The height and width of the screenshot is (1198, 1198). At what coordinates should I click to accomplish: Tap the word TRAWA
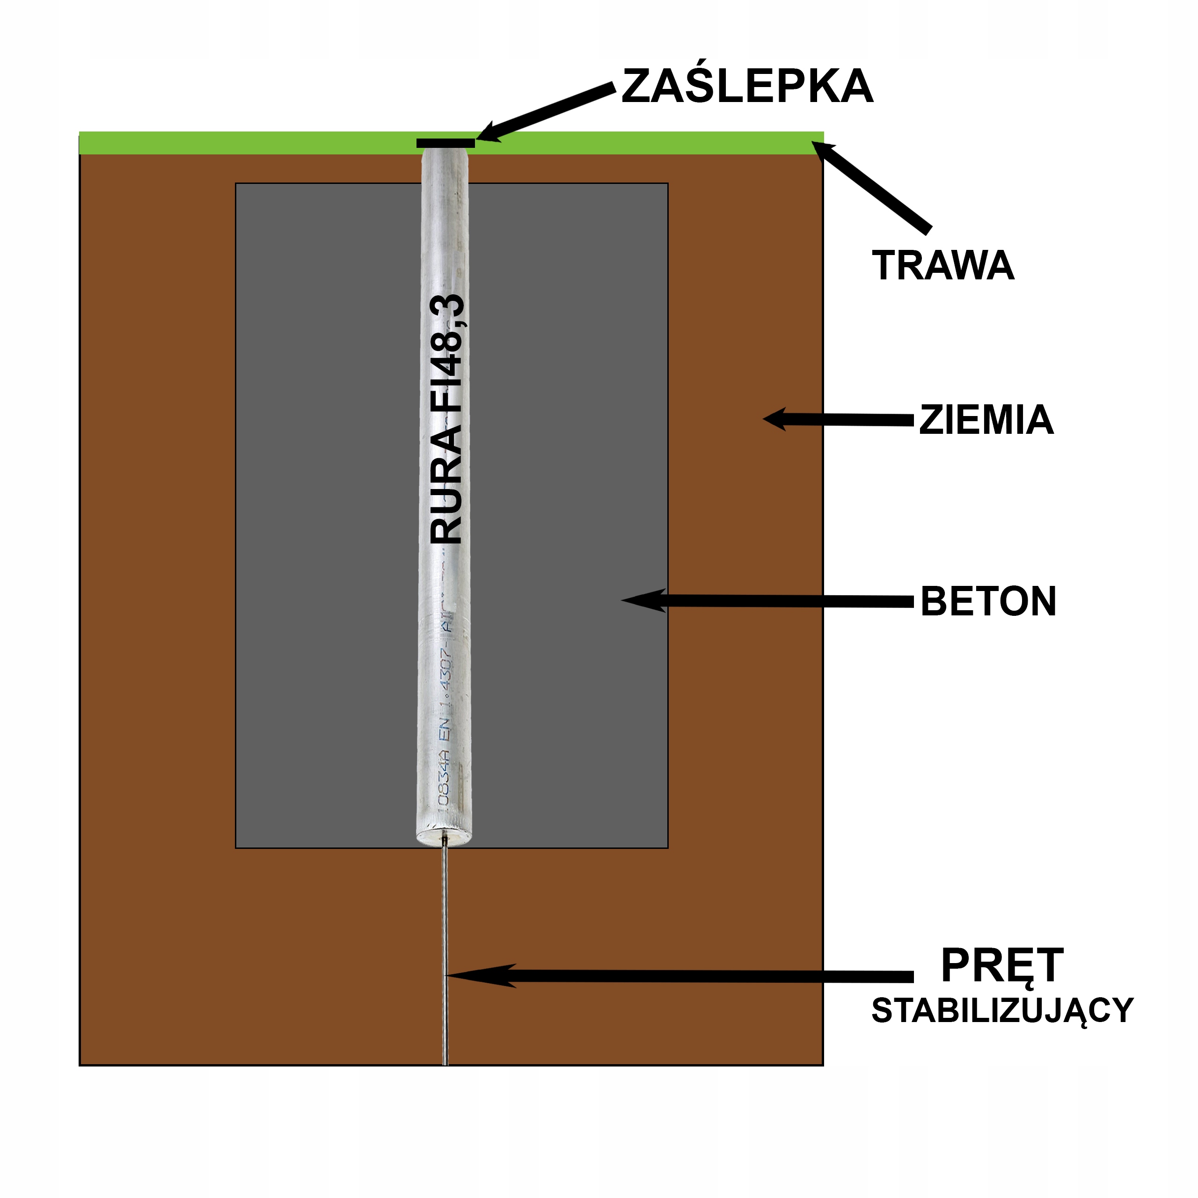pos(942,265)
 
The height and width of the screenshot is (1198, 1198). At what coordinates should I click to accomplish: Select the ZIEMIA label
pos(986,420)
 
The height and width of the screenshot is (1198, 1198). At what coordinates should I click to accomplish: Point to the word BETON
pos(988,601)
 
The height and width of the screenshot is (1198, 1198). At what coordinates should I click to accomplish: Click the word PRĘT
pos(1001,965)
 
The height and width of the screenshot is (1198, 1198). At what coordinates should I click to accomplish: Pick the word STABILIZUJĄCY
pos(1002,1011)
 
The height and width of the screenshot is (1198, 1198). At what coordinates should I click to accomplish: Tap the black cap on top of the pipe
pos(445,143)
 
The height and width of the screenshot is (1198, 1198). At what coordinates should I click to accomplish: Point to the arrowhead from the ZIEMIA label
pos(775,419)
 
